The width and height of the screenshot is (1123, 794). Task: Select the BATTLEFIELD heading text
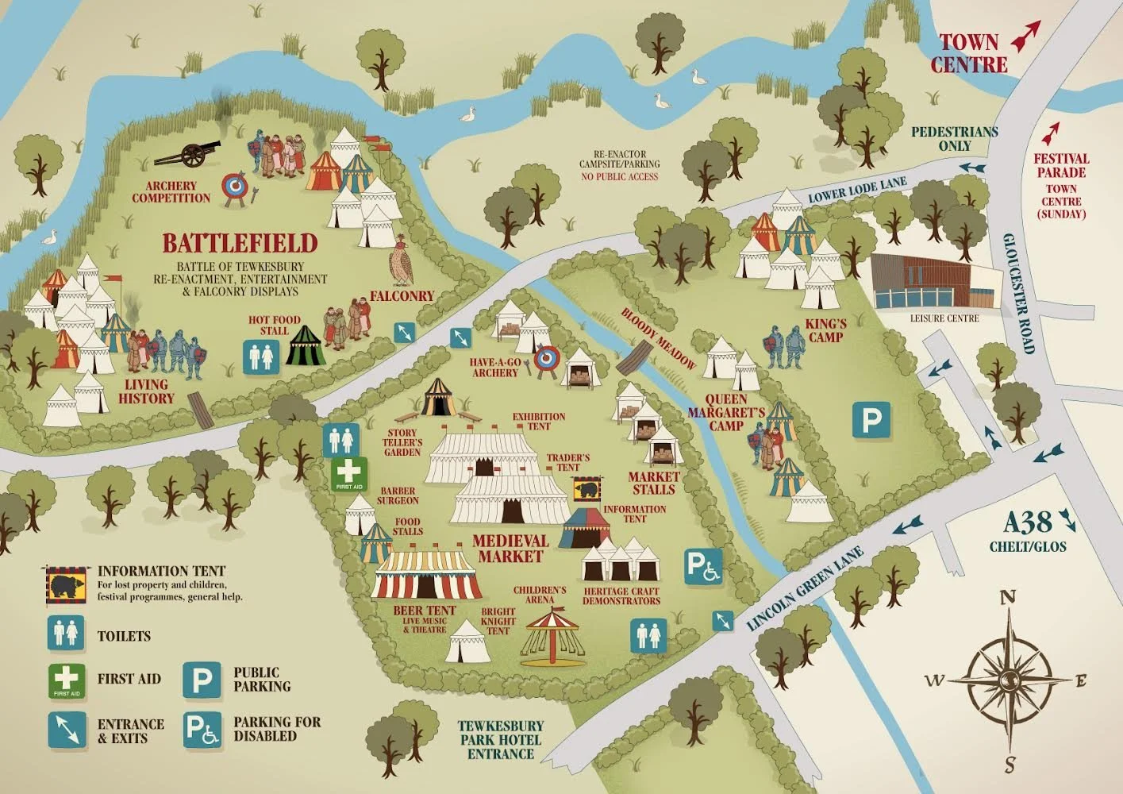(240, 243)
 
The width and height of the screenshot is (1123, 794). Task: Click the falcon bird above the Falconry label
(402, 263)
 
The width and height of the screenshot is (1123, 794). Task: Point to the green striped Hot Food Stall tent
(306, 346)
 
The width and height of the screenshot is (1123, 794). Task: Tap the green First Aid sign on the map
(348, 473)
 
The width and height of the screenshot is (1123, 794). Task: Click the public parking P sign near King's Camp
(871, 420)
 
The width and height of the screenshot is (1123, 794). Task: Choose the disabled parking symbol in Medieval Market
(703, 566)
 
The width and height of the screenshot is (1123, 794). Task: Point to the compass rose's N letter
(1007, 598)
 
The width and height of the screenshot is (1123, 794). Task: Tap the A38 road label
(1029, 522)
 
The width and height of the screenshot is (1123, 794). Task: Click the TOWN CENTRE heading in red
(969, 53)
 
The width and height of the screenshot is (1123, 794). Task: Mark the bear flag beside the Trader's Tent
(586, 489)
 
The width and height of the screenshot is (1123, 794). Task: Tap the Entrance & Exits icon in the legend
(67, 730)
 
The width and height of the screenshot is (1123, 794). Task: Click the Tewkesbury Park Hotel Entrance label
(501, 739)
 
